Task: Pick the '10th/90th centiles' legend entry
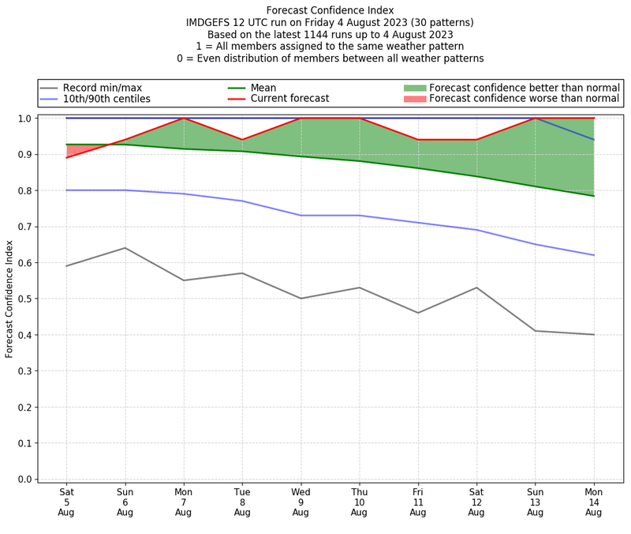(106, 99)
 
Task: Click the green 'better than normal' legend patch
(415, 88)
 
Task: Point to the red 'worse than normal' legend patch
(415, 99)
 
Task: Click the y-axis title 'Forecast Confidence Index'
(10, 298)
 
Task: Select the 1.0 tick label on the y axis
(24, 118)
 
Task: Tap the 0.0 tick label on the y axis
(24, 479)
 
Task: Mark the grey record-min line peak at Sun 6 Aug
(125, 248)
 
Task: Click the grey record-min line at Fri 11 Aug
(417, 313)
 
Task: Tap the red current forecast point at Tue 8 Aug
(242, 140)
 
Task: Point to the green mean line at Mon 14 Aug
(593, 196)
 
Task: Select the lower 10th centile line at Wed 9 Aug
(301, 216)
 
